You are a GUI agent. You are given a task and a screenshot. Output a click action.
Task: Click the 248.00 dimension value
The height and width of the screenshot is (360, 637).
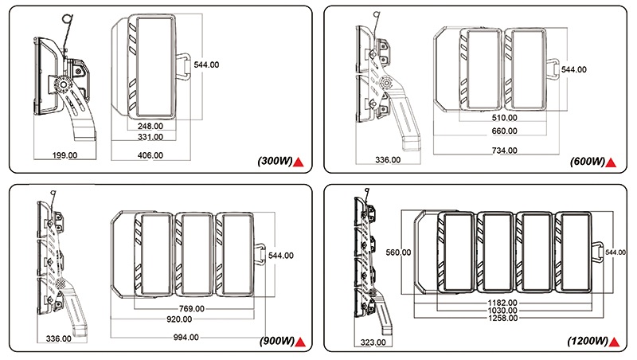coord(150,126)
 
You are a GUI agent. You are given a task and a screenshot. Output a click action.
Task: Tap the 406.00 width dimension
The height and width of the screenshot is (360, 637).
coord(150,155)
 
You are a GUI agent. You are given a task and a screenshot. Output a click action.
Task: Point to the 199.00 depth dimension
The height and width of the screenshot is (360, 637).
coord(64,155)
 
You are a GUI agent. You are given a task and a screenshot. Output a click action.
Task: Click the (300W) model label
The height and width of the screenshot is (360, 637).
coord(276,162)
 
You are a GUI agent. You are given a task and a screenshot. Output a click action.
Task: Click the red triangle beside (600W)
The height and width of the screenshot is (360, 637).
coord(612,162)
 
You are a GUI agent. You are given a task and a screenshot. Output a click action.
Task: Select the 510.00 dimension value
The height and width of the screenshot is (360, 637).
coord(505,118)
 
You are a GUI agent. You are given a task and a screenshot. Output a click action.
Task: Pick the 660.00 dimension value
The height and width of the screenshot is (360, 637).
coord(505,131)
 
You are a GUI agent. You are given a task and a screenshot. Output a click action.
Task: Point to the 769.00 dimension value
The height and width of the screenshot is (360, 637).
coord(190,309)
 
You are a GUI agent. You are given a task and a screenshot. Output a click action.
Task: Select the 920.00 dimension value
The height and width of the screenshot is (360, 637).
coord(190,320)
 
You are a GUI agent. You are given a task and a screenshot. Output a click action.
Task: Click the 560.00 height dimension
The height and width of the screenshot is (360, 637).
coord(397,252)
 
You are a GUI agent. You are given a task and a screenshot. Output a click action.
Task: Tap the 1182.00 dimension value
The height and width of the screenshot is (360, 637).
coord(502,303)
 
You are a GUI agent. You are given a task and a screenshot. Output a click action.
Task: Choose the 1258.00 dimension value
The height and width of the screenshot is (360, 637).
coord(502,318)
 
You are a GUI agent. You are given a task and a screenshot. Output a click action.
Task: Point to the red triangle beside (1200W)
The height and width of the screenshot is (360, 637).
coord(615,342)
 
